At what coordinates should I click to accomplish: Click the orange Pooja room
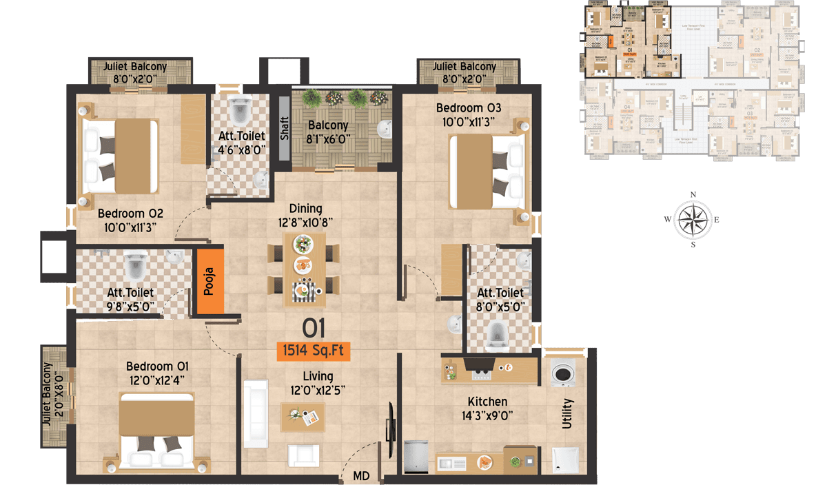click(x=211, y=281)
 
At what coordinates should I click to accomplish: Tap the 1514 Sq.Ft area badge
click(x=313, y=351)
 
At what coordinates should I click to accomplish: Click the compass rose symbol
click(x=693, y=220)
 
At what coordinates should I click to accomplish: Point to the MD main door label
click(x=360, y=476)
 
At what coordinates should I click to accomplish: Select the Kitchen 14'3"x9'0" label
click(x=487, y=409)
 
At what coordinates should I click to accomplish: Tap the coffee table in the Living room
click(x=303, y=416)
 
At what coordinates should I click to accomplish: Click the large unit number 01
click(x=313, y=329)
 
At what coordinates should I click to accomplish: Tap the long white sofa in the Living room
click(x=256, y=413)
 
